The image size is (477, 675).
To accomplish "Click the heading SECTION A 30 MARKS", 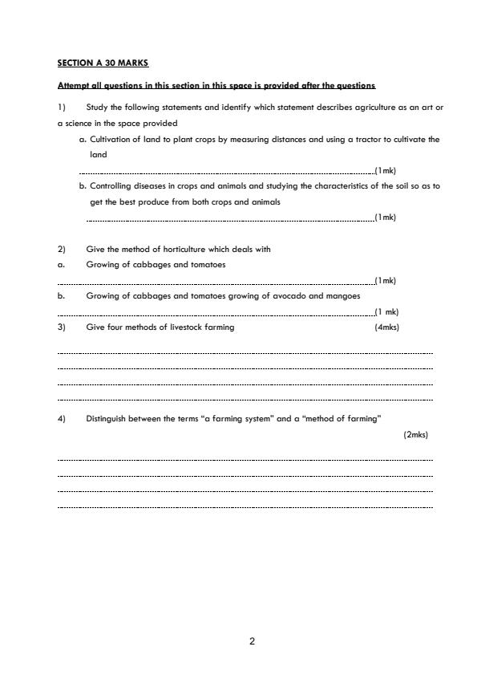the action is (x=103, y=62).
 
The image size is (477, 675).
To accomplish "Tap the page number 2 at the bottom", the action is (x=252, y=641).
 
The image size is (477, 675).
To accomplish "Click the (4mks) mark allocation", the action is (x=386, y=327).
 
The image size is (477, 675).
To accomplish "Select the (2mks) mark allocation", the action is (x=415, y=434).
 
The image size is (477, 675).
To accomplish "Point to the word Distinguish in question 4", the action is (x=107, y=418).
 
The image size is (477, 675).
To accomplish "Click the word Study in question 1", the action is (x=96, y=108).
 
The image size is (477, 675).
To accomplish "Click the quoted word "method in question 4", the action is (x=320, y=418).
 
